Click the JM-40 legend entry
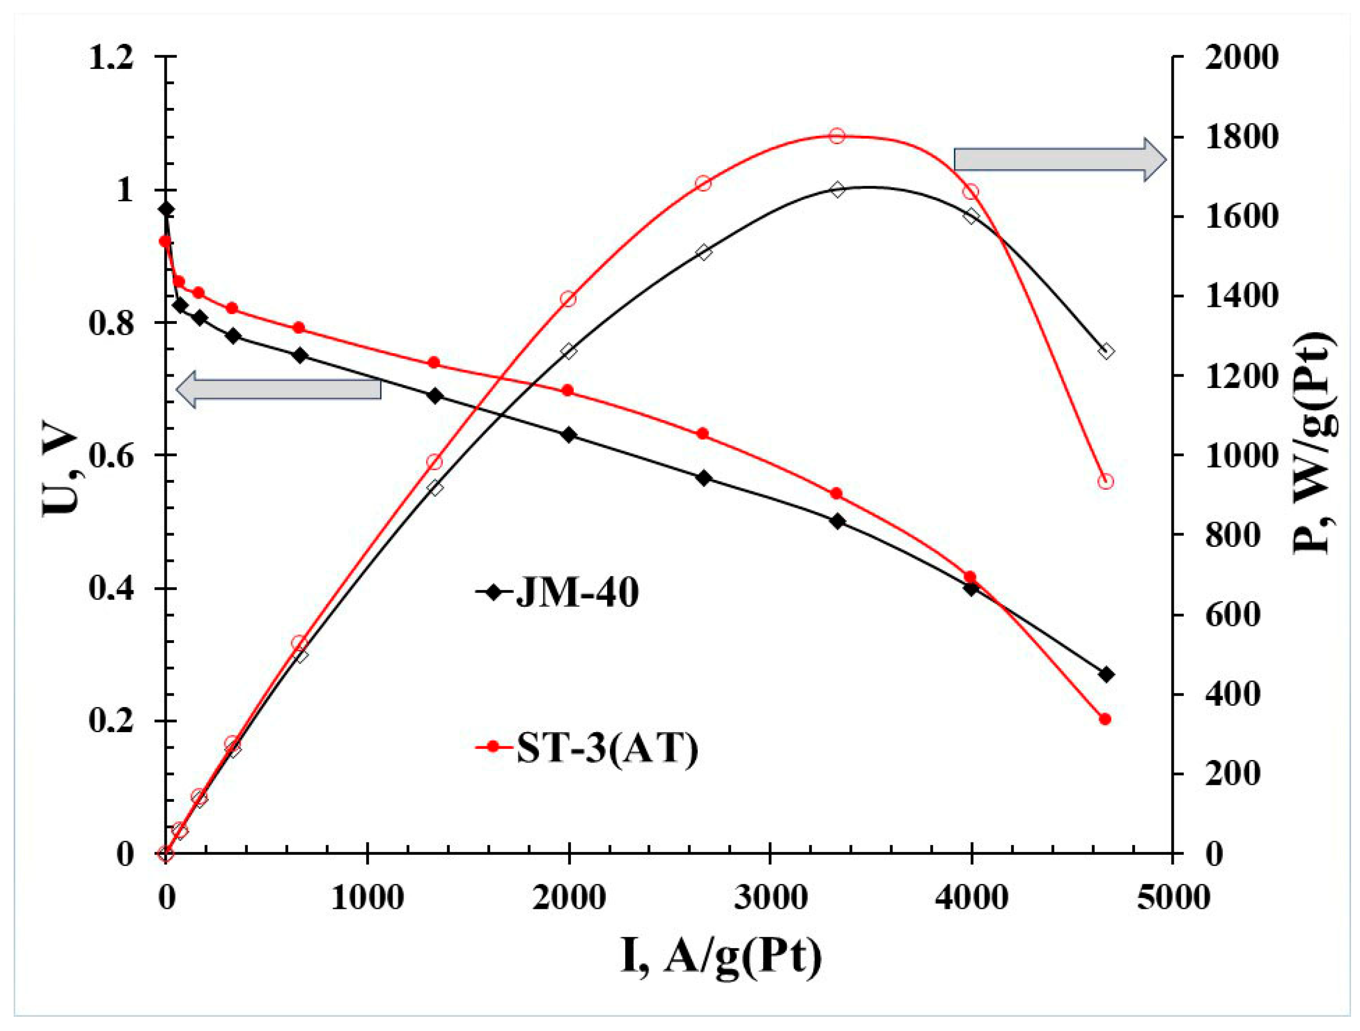(556, 593)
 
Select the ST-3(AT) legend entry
(587, 748)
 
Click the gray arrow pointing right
(1059, 160)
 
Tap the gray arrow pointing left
(279, 389)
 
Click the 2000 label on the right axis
(1241, 58)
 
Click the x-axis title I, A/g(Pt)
(721, 956)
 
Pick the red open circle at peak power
(837, 136)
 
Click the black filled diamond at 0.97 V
(165, 210)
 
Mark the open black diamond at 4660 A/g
(1106, 352)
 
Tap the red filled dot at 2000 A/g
(568, 390)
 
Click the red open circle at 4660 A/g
(1105, 481)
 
